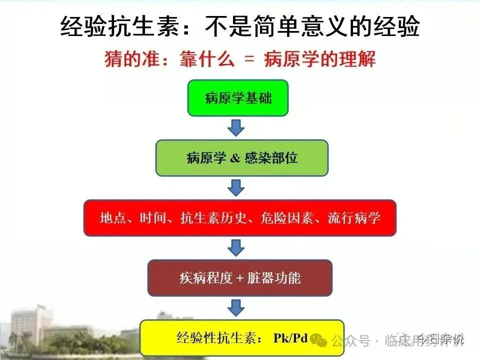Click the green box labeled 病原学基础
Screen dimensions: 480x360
click(x=238, y=98)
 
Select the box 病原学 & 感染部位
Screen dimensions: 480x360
click(x=242, y=158)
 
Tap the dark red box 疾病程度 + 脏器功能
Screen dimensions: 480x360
click(x=240, y=278)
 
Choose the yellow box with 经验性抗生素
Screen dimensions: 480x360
click(x=242, y=337)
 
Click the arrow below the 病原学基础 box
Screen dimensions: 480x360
click(x=236, y=127)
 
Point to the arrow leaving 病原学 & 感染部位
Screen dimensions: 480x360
click(x=236, y=187)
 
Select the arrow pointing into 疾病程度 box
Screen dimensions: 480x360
click(x=236, y=247)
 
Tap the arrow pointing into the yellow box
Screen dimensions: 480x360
click(x=236, y=307)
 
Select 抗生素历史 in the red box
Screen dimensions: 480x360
click(x=210, y=218)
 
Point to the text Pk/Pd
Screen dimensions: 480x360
click(x=290, y=338)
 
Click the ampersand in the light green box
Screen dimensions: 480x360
click(x=235, y=158)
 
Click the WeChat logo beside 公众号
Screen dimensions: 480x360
click(x=318, y=341)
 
